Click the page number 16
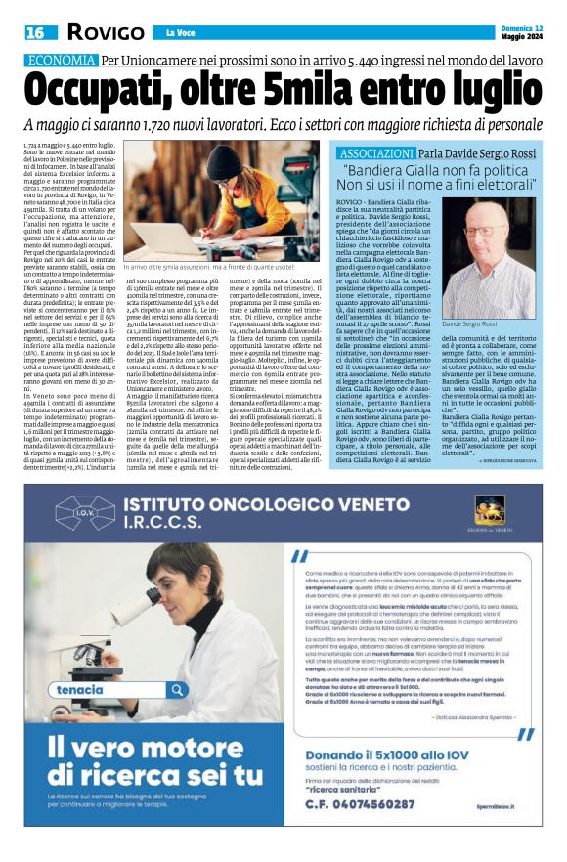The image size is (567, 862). [x=35, y=32]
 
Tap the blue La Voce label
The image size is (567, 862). [x=175, y=32]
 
